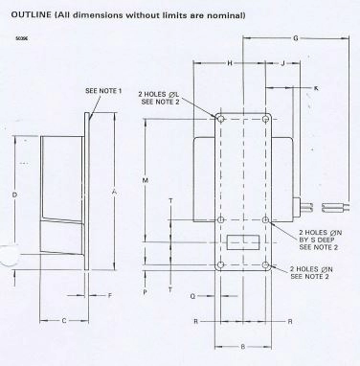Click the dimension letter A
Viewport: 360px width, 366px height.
[113, 191]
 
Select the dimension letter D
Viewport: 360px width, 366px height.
[14, 194]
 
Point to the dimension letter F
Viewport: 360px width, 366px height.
[110, 295]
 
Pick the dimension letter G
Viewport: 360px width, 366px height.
[295, 38]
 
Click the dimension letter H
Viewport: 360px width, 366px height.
[231, 63]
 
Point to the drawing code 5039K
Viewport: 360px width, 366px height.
[22, 39]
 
